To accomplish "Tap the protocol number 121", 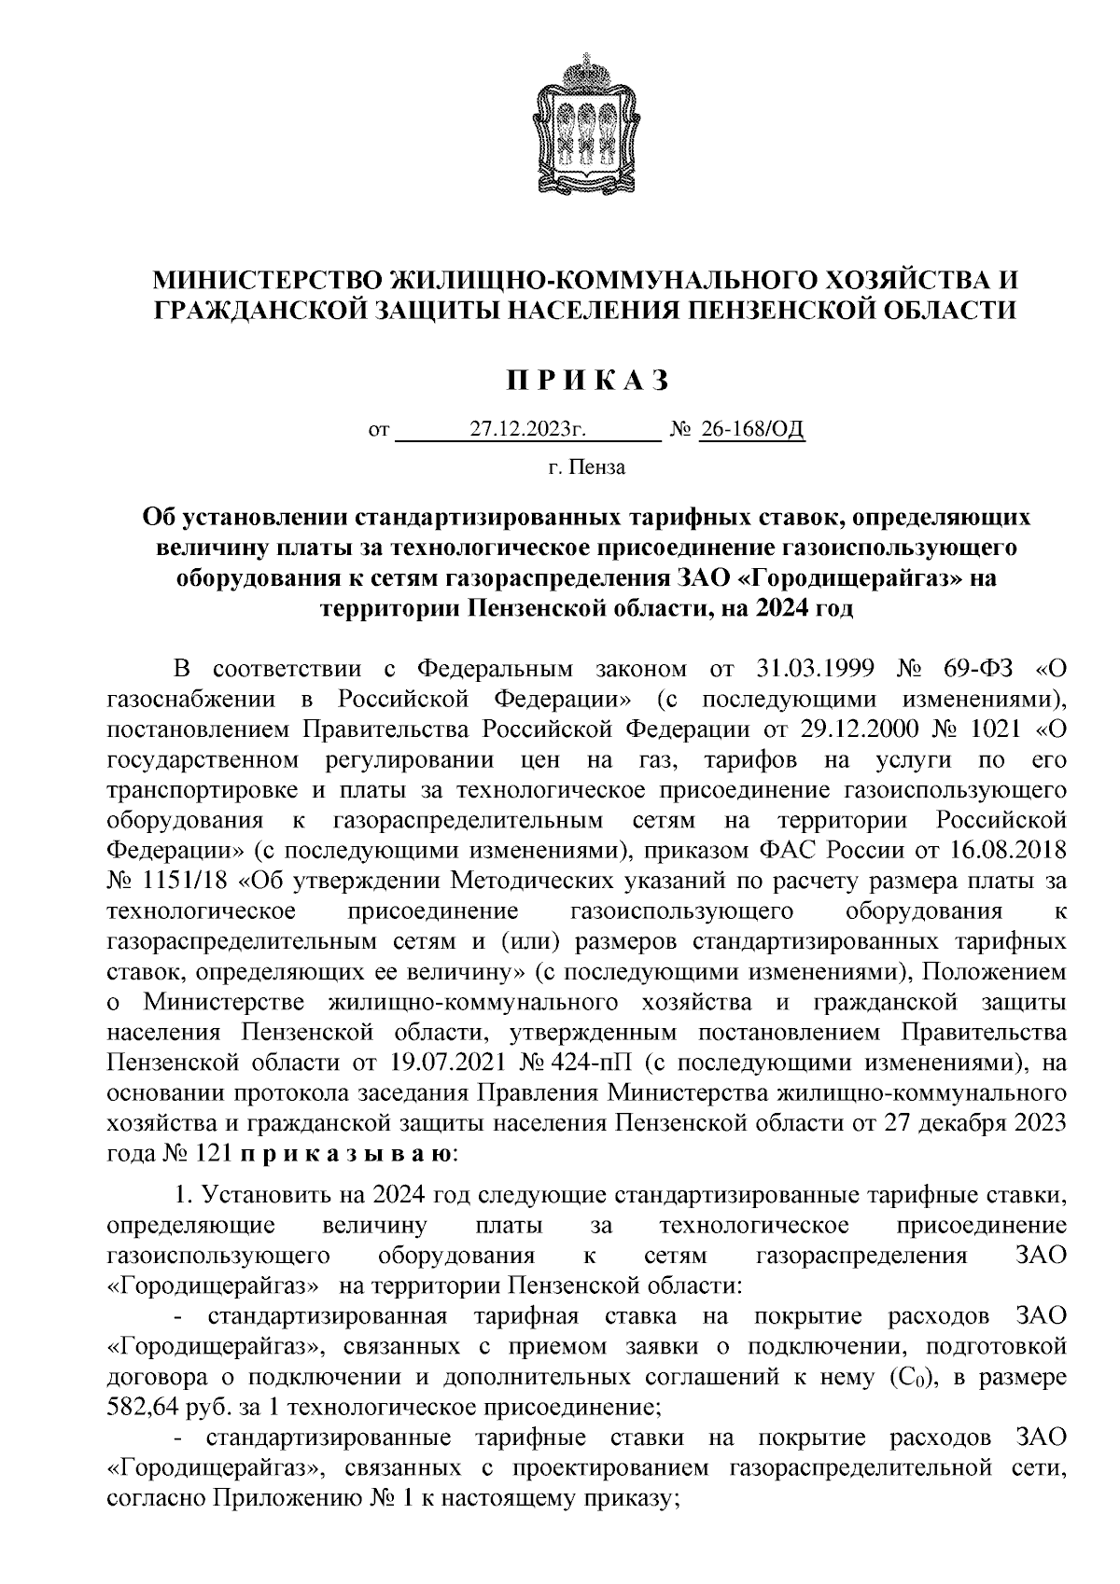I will tap(211, 1154).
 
